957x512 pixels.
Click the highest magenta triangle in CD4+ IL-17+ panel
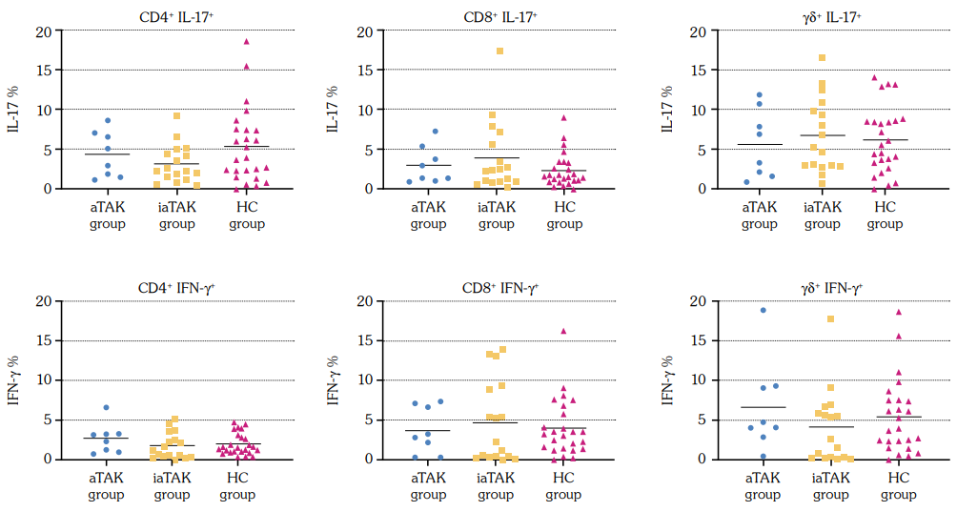[x=246, y=41]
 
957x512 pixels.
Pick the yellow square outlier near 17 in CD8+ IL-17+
[x=499, y=51]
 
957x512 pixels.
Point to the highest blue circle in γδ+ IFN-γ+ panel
[x=764, y=310]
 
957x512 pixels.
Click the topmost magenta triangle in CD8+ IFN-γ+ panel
[x=564, y=331]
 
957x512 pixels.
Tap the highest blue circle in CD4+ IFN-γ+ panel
[x=107, y=407]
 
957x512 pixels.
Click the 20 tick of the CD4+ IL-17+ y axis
[x=43, y=31]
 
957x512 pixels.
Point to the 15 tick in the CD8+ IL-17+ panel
[x=364, y=71]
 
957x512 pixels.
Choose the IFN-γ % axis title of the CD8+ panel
[x=333, y=379]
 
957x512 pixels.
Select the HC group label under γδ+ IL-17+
[x=885, y=215]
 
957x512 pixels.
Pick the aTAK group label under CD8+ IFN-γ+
[x=428, y=485]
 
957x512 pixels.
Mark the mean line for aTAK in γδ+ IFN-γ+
[x=763, y=407]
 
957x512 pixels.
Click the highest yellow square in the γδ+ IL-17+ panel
[x=821, y=58]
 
